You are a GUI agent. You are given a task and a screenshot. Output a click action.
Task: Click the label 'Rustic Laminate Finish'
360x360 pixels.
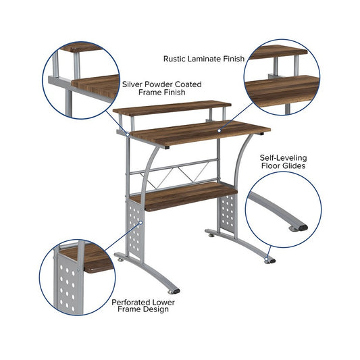click(x=204, y=59)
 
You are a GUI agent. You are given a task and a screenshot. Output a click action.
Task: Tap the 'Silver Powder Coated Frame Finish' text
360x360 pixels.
click(x=162, y=88)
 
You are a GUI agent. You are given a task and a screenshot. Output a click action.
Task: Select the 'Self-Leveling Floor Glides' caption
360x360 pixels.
click(x=283, y=161)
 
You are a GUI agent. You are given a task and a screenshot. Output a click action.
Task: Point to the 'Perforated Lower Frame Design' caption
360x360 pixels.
click(x=143, y=305)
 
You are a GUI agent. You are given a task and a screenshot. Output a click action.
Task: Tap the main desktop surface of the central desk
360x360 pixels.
click(x=200, y=133)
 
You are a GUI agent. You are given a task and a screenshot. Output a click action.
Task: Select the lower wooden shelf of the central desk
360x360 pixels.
click(x=184, y=197)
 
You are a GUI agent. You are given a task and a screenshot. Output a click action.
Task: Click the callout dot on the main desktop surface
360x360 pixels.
click(x=220, y=130)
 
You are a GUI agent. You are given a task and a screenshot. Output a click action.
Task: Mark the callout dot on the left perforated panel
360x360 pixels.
click(x=140, y=222)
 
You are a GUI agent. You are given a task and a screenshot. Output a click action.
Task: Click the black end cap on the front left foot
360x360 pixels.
click(x=176, y=291)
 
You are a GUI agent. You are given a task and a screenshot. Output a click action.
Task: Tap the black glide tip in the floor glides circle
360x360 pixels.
click(x=303, y=228)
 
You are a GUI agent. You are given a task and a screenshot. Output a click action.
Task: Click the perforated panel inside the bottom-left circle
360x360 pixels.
click(x=67, y=283)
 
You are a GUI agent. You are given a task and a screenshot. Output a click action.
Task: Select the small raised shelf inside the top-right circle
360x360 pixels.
click(x=278, y=53)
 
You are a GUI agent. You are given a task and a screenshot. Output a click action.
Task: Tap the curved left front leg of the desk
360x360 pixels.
click(x=147, y=174)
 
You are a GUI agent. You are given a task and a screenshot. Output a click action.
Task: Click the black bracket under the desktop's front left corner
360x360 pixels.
click(x=167, y=147)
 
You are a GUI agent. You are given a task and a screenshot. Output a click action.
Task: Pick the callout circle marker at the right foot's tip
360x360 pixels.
click(x=266, y=259)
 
